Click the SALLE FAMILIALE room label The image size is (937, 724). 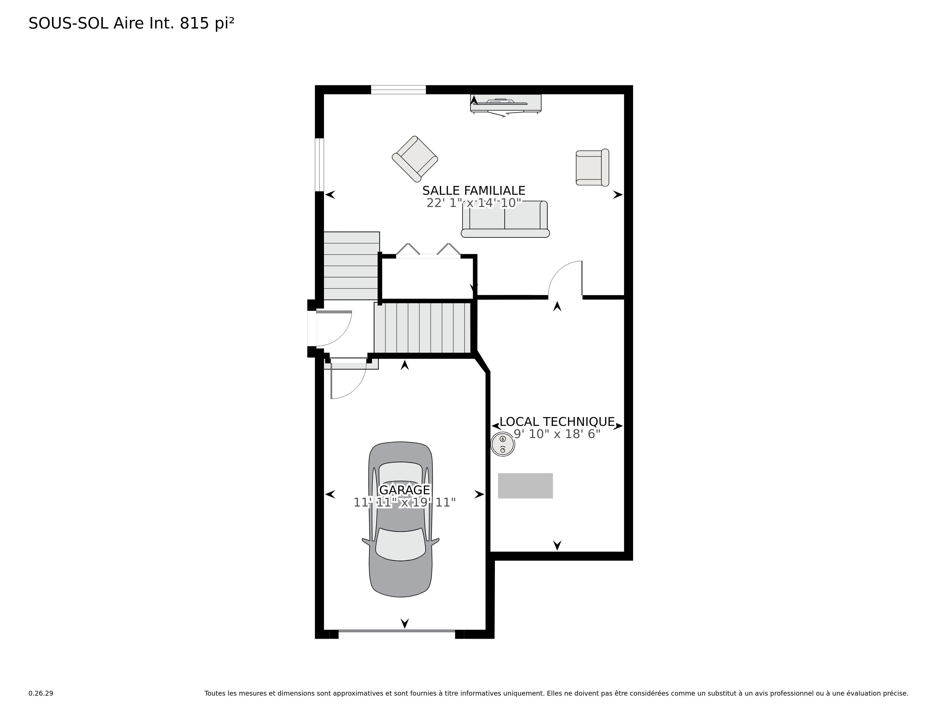point(474,191)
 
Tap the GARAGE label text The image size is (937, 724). point(405,490)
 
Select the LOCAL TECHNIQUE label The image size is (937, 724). point(557,422)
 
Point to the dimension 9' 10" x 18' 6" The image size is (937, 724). point(557,434)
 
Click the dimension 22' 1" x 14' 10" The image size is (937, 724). point(474,203)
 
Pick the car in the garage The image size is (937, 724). point(401,519)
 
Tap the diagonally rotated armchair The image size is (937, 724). point(415,159)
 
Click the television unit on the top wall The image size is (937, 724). point(506,104)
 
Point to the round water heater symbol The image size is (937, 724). point(503,444)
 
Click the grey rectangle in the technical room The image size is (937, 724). point(525,486)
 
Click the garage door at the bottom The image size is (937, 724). point(396,631)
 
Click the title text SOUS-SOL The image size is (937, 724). point(69,23)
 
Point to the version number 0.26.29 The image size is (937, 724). point(41,693)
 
